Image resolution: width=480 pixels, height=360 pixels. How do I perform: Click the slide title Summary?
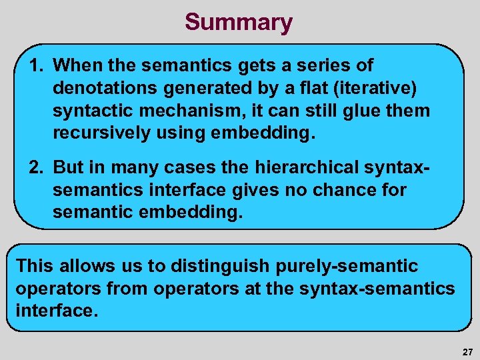click(x=238, y=22)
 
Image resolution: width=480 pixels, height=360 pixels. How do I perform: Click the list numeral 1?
click(x=37, y=65)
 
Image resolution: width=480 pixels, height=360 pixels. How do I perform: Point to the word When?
click(x=75, y=65)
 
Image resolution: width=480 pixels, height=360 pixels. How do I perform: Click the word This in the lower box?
click(x=34, y=266)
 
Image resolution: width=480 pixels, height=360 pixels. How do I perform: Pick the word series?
click(x=312, y=65)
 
